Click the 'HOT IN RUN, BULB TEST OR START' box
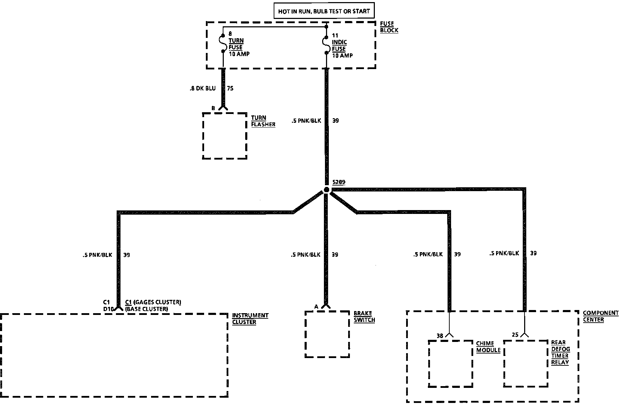click(x=324, y=11)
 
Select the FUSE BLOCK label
click(x=389, y=27)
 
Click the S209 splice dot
click(x=326, y=190)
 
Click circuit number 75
click(x=230, y=88)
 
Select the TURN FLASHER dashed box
click(x=225, y=136)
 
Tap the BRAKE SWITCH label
click(x=364, y=317)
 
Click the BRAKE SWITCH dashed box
click(x=327, y=334)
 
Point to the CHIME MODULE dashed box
click(x=450, y=363)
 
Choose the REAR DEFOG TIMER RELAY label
click(x=560, y=352)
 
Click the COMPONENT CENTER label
click(x=600, y=316)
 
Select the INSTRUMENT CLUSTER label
click(x=250, y=319)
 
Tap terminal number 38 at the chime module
click(x=440, y=336)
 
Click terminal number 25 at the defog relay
click(x=515, y=335)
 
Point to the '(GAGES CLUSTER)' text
click(x=157, y=302)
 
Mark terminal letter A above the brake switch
click(x=316, y=307)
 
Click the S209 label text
click(x=339, y=182)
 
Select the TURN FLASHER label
click(x=263, y=121)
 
